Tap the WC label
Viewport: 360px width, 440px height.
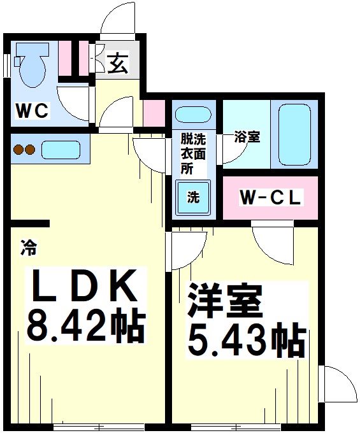32,111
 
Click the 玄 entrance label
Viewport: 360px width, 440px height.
117,64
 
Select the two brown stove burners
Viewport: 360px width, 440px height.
23,150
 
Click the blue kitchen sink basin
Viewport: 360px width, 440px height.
61,150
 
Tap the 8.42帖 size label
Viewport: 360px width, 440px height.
85,325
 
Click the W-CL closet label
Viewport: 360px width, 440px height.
270,198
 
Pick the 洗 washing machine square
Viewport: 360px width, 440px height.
193,197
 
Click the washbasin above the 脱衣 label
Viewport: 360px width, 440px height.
193,116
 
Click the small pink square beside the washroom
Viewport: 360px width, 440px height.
154,113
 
